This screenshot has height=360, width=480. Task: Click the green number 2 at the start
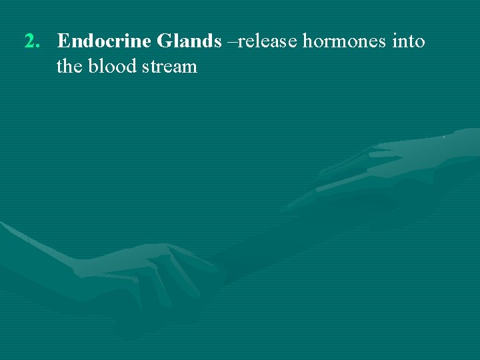click(30, 42)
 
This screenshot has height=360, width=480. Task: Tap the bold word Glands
click(189, 42)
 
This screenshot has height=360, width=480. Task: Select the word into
click(409, 42)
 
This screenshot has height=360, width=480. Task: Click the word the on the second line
click(69, 67)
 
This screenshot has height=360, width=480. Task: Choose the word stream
click(169, 67)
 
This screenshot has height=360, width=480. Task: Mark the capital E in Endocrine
click(63, 42)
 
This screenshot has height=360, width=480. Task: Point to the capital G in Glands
click(164, 42)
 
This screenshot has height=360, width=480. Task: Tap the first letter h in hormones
click(307, 42)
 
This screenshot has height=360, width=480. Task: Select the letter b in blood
click(93, 67)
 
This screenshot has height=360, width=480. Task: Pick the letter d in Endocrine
click(85, 42)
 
